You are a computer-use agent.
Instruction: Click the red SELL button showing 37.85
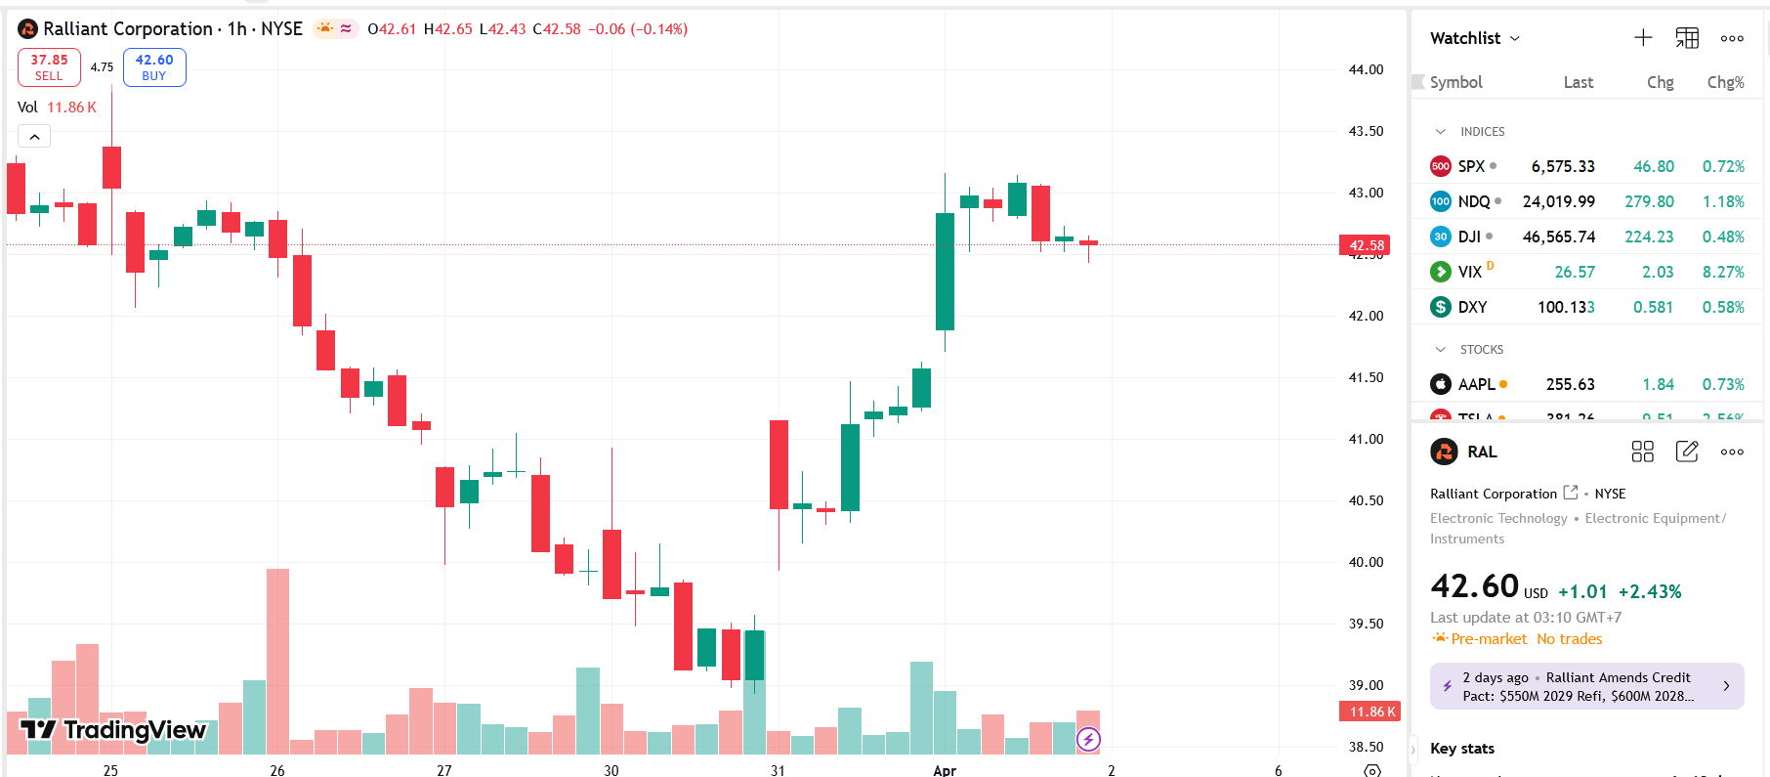tap(49, 67)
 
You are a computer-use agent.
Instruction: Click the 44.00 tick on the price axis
tap(1366, 69)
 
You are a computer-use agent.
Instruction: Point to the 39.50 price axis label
tap(1366, 624)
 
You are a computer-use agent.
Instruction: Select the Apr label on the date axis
tap(944, 770)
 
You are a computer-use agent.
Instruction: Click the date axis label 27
tap(444, 770)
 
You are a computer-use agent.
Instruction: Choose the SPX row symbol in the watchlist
tap(1470, 166)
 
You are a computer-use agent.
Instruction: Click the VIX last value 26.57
tap(1574, 272)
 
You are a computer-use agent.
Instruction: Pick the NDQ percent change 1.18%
tap(1723, 201)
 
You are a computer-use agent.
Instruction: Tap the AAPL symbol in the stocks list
tap(1476, 384)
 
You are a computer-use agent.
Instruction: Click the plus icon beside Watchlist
tap(1643, 38)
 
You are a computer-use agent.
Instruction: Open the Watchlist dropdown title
tap(1474, 38)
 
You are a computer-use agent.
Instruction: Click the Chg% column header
tap(1725, 82)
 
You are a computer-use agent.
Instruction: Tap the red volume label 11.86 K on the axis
tap(1370, 712)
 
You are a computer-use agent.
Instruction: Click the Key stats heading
tap(1461, 749)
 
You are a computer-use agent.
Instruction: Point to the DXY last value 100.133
tap(1565, 307)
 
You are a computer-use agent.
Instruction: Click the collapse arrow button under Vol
tap(34, 137)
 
